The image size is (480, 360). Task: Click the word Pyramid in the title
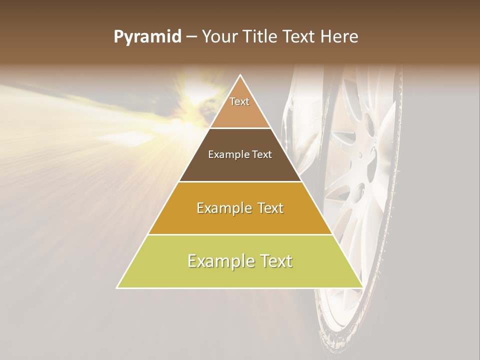147,36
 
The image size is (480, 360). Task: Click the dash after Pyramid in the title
190,36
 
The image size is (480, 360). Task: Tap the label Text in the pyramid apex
239,101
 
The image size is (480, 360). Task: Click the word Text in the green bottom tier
274,261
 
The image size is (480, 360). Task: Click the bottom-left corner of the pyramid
117,287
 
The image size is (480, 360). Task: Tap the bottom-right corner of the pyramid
362,287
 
